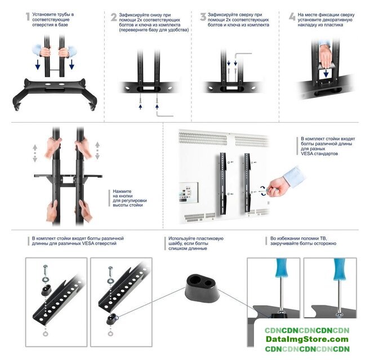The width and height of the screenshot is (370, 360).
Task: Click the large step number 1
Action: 28,17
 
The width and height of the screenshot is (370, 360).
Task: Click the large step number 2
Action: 114,17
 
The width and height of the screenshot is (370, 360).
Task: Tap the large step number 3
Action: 203,17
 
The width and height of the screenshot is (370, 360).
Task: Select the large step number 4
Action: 292,17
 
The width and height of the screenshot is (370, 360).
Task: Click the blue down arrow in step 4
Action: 326,73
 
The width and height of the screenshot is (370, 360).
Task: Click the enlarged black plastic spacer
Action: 203,287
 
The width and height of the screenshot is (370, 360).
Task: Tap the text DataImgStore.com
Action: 307,339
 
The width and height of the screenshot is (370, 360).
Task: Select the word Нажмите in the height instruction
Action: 122,191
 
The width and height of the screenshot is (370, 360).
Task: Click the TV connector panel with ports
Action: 188,192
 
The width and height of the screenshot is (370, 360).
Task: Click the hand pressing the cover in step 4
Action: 326,56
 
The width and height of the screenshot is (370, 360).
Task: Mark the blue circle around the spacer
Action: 115,318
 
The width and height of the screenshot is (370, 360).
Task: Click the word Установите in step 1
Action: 44,15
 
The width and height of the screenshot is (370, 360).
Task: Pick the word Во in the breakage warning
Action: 273,238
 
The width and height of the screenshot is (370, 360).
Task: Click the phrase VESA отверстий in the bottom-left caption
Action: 99,244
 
